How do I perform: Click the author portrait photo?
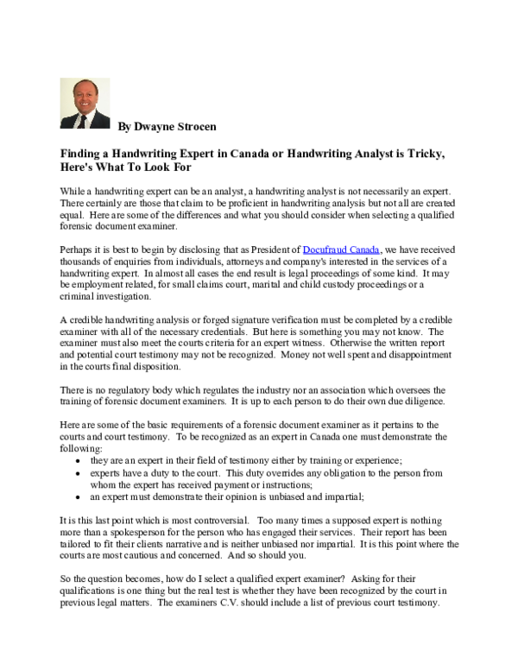[85, 104]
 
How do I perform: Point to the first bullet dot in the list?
[79, 462]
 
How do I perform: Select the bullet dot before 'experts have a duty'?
[79, 473]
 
